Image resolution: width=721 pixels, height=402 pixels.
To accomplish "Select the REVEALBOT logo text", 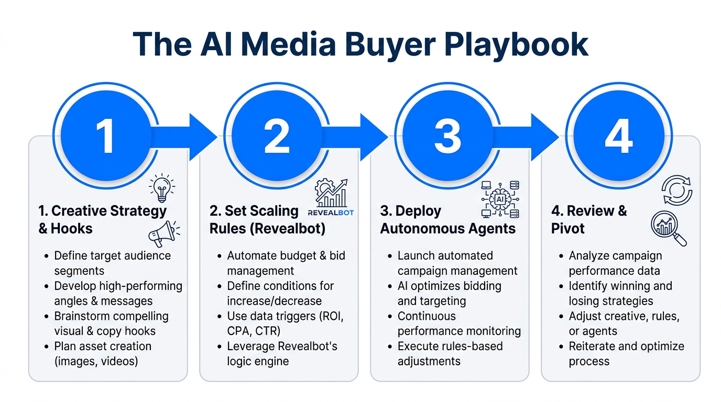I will click(x=331, y=213).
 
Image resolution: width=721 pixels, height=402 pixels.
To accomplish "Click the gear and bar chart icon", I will click(x=331, y=194).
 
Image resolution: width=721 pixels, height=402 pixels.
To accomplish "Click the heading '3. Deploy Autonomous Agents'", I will click(x=447, y=220).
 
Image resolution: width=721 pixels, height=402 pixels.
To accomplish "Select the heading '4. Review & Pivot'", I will click(x=588, y=220).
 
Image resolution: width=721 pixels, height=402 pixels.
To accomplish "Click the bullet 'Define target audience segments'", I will click(x=112, y=263).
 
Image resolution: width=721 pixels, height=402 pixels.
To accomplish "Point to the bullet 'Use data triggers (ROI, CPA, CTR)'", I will click(x=285, y=323).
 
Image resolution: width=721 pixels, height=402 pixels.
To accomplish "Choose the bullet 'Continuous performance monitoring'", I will click(x=459, y=323).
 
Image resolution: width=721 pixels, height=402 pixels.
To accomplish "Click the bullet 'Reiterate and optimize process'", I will click(x=626, y=354).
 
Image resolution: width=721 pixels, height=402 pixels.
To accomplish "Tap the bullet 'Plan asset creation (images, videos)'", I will click(x=103, y=354).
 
